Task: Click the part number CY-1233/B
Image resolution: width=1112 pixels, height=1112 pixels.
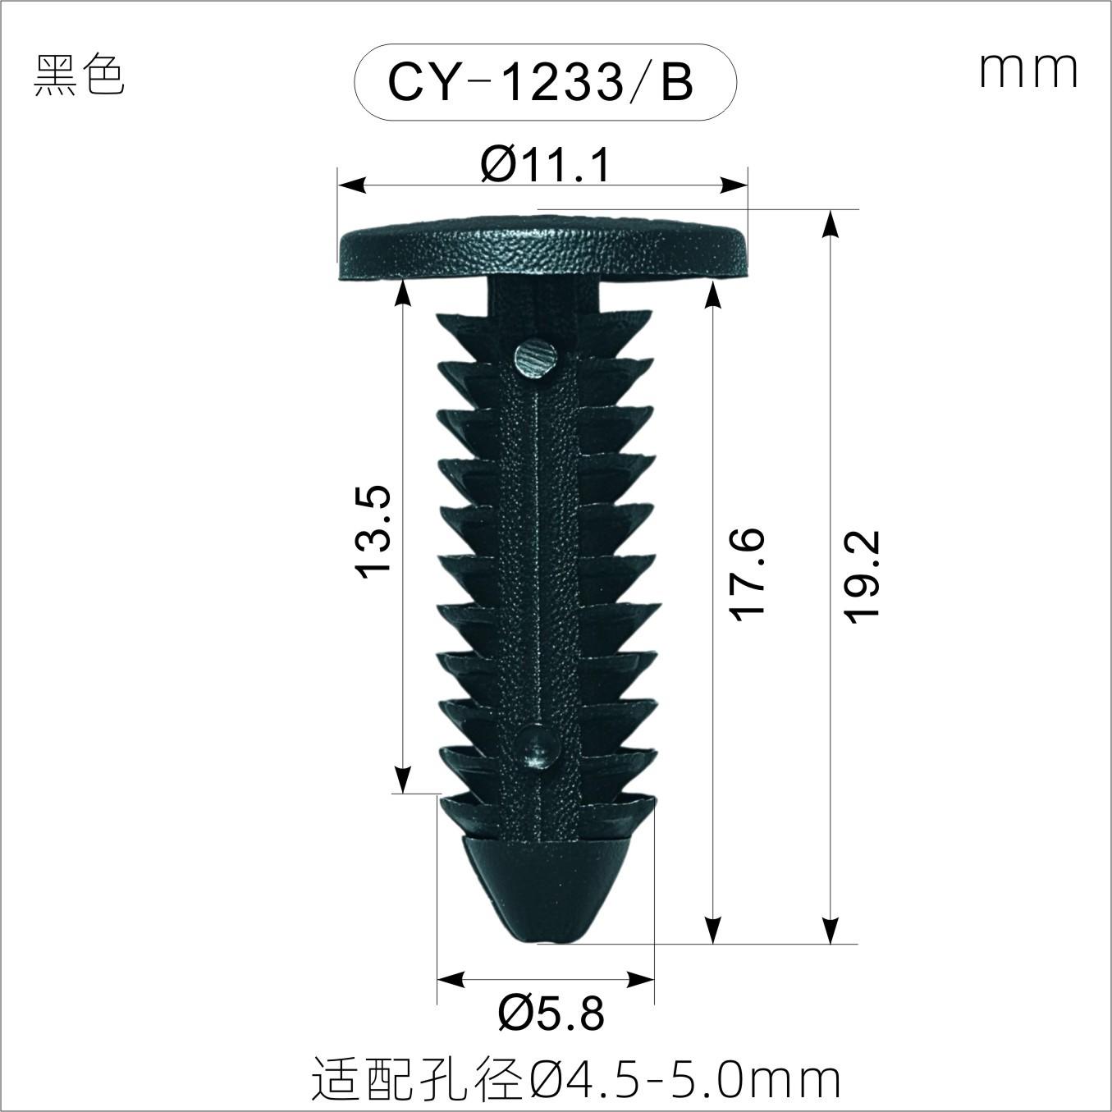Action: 540,83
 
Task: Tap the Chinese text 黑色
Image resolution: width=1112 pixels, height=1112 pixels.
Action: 79,76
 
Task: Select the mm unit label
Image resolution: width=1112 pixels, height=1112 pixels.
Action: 1027,71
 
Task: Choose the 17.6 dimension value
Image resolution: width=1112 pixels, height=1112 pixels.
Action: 747,574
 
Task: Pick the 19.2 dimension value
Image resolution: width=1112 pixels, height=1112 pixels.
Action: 861,576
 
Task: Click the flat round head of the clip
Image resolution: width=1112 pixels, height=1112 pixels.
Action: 542,249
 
